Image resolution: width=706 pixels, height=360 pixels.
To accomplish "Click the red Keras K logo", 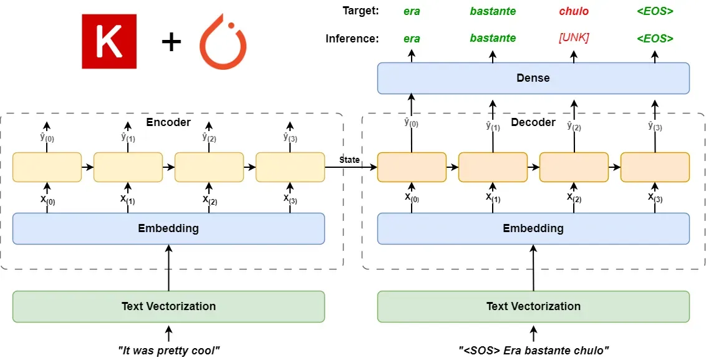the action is coord(109,41).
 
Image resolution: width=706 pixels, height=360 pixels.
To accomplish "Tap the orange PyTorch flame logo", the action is coord(223,41).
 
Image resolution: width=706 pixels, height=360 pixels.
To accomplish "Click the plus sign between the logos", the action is coord(171,43).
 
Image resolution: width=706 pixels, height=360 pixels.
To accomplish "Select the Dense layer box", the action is coord(533,78).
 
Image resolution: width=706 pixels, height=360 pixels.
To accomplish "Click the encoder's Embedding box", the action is coord(168,228).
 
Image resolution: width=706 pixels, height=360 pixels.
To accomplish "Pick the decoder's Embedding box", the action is coord(533,228).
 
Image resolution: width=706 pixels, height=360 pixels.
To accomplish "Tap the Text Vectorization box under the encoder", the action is coord(168,306).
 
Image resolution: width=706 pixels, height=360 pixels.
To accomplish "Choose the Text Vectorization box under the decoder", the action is coord(533,306).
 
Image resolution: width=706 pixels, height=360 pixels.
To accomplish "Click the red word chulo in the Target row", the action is coord(574,11).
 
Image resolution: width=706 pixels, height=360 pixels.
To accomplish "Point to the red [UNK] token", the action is coord(574,38).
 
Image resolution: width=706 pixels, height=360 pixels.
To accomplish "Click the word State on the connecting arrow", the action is coord(349,160).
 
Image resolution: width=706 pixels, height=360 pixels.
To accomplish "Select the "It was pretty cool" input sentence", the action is coord(168,350).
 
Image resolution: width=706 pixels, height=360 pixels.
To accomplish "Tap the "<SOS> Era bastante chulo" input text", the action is coord(533,350).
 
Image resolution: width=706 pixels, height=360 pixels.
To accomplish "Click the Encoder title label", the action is coord(168,122).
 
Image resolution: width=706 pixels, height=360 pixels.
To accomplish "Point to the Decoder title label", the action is coord(533,122).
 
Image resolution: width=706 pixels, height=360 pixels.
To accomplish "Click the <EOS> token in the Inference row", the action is coord(655,38).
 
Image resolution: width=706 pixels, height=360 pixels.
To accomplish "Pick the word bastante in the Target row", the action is coord(493,11).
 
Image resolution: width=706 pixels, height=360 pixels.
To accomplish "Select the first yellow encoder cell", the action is coord(47,167).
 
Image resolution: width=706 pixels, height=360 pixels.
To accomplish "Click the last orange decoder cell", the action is coord(655,167).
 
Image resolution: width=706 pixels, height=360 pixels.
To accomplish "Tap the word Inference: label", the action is coord(352,39).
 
